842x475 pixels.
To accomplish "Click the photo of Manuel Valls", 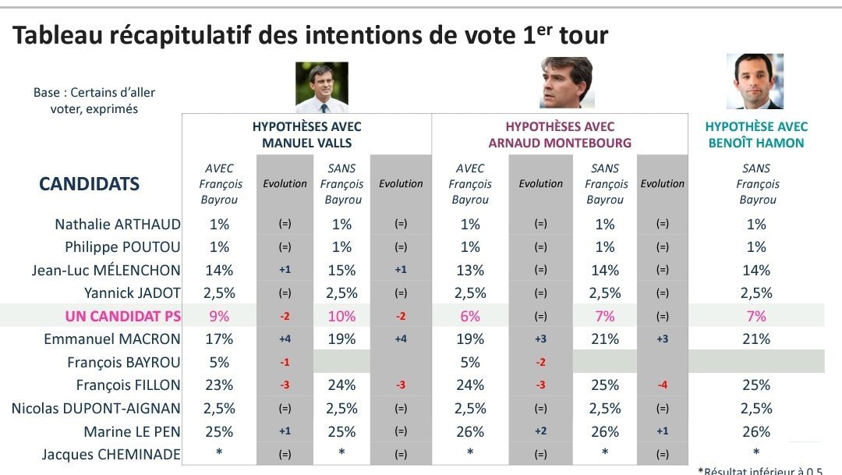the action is [x=322, y=87].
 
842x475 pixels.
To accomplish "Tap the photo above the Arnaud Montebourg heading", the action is [x=567, y=82].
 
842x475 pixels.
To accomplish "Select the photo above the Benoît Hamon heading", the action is [x=755, y=81].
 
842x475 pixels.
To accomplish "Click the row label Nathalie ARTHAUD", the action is [x=118, y=224].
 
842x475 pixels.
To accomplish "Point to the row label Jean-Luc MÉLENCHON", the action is [x=106, y=270].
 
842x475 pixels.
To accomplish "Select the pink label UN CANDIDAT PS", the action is [x=123, y=316].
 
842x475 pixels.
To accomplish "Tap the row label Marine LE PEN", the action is [x=132, y=431].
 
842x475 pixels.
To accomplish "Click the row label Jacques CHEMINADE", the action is [x=111, y=455].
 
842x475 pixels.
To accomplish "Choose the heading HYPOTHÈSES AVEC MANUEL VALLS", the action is [x=306, y=135].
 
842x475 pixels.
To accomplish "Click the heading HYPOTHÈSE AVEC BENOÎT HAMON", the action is [x=756, y=135].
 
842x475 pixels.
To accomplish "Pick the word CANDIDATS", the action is [x=89, y=184].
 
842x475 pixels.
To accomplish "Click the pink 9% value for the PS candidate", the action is [x=219, y=316].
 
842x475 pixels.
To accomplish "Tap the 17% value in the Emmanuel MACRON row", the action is [x=219, y=339].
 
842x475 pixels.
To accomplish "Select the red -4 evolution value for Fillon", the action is [x=663, y=385].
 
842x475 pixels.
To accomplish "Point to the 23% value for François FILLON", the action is [x=219, y=385].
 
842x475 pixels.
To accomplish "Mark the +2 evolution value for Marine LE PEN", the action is [x=541, y=431].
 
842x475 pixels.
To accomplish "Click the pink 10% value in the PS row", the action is [x=341, y=316].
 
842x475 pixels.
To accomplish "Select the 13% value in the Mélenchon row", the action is [x=470, y=270].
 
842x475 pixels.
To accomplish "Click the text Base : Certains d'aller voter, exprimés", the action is [x=94, y=101].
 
